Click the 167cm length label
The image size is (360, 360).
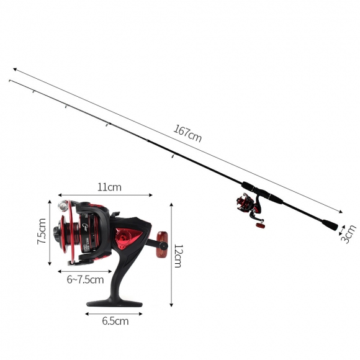tap(187, 133)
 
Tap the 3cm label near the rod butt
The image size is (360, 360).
tap(349, 234)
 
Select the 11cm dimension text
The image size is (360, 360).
tap(109, 187)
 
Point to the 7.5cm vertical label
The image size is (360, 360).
tap(42, 231)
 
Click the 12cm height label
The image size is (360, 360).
tap(178, 256)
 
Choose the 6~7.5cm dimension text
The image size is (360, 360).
tap(85, 280)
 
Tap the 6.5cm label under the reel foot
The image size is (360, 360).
tap(115, 321)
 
